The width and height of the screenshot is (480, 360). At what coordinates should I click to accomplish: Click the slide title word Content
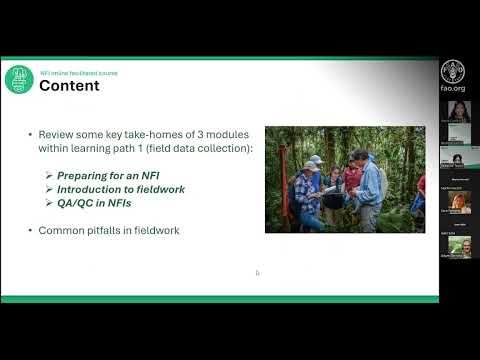(x=69, y=85)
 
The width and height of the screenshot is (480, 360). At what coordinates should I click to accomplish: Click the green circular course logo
(x=19, y=79)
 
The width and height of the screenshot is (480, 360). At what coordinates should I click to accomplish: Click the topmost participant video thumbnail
(x=459, y=110)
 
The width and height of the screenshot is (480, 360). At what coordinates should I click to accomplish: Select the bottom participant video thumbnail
(x=459, y=245)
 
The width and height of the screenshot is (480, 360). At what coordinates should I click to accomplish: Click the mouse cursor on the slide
(x=257, y=272)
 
